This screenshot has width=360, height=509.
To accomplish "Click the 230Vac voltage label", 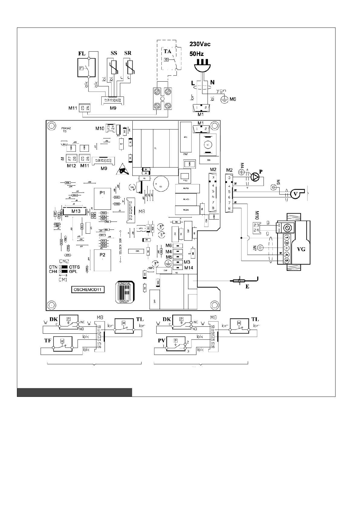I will pyautogui.click(x=200, y=44).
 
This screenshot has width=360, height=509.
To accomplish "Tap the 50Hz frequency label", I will pyautogui.click(x=196, y=54).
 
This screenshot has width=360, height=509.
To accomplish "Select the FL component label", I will pyautogui.click(x=82, y=53).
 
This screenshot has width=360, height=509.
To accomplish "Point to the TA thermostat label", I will pyautogui.click(x=167, y=51).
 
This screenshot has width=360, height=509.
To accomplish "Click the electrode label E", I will pyautogui.click(x=247, y=286).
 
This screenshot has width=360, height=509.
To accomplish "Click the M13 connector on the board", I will pyautogui.click(x=76, y=211).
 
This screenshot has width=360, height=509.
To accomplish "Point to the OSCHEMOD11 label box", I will pyautogui.click(x=87, y=289).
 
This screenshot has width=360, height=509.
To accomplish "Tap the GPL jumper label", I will pyautogui.click(x=73, y=271).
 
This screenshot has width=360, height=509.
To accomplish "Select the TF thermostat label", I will pyautogui.click(x=48, y=340).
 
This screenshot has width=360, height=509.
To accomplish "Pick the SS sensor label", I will pyautogui.click(x=114, y=53).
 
